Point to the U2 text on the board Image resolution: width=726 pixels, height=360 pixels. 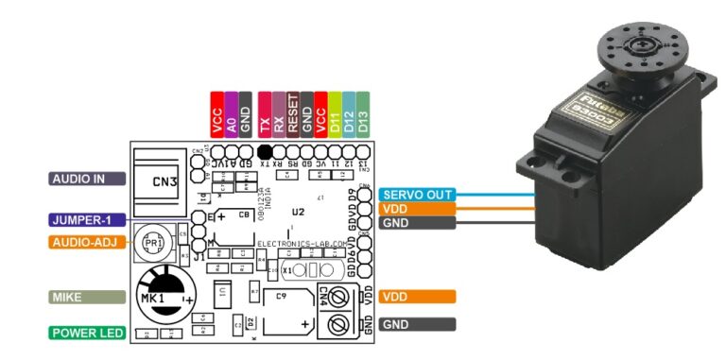[299, 210]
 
